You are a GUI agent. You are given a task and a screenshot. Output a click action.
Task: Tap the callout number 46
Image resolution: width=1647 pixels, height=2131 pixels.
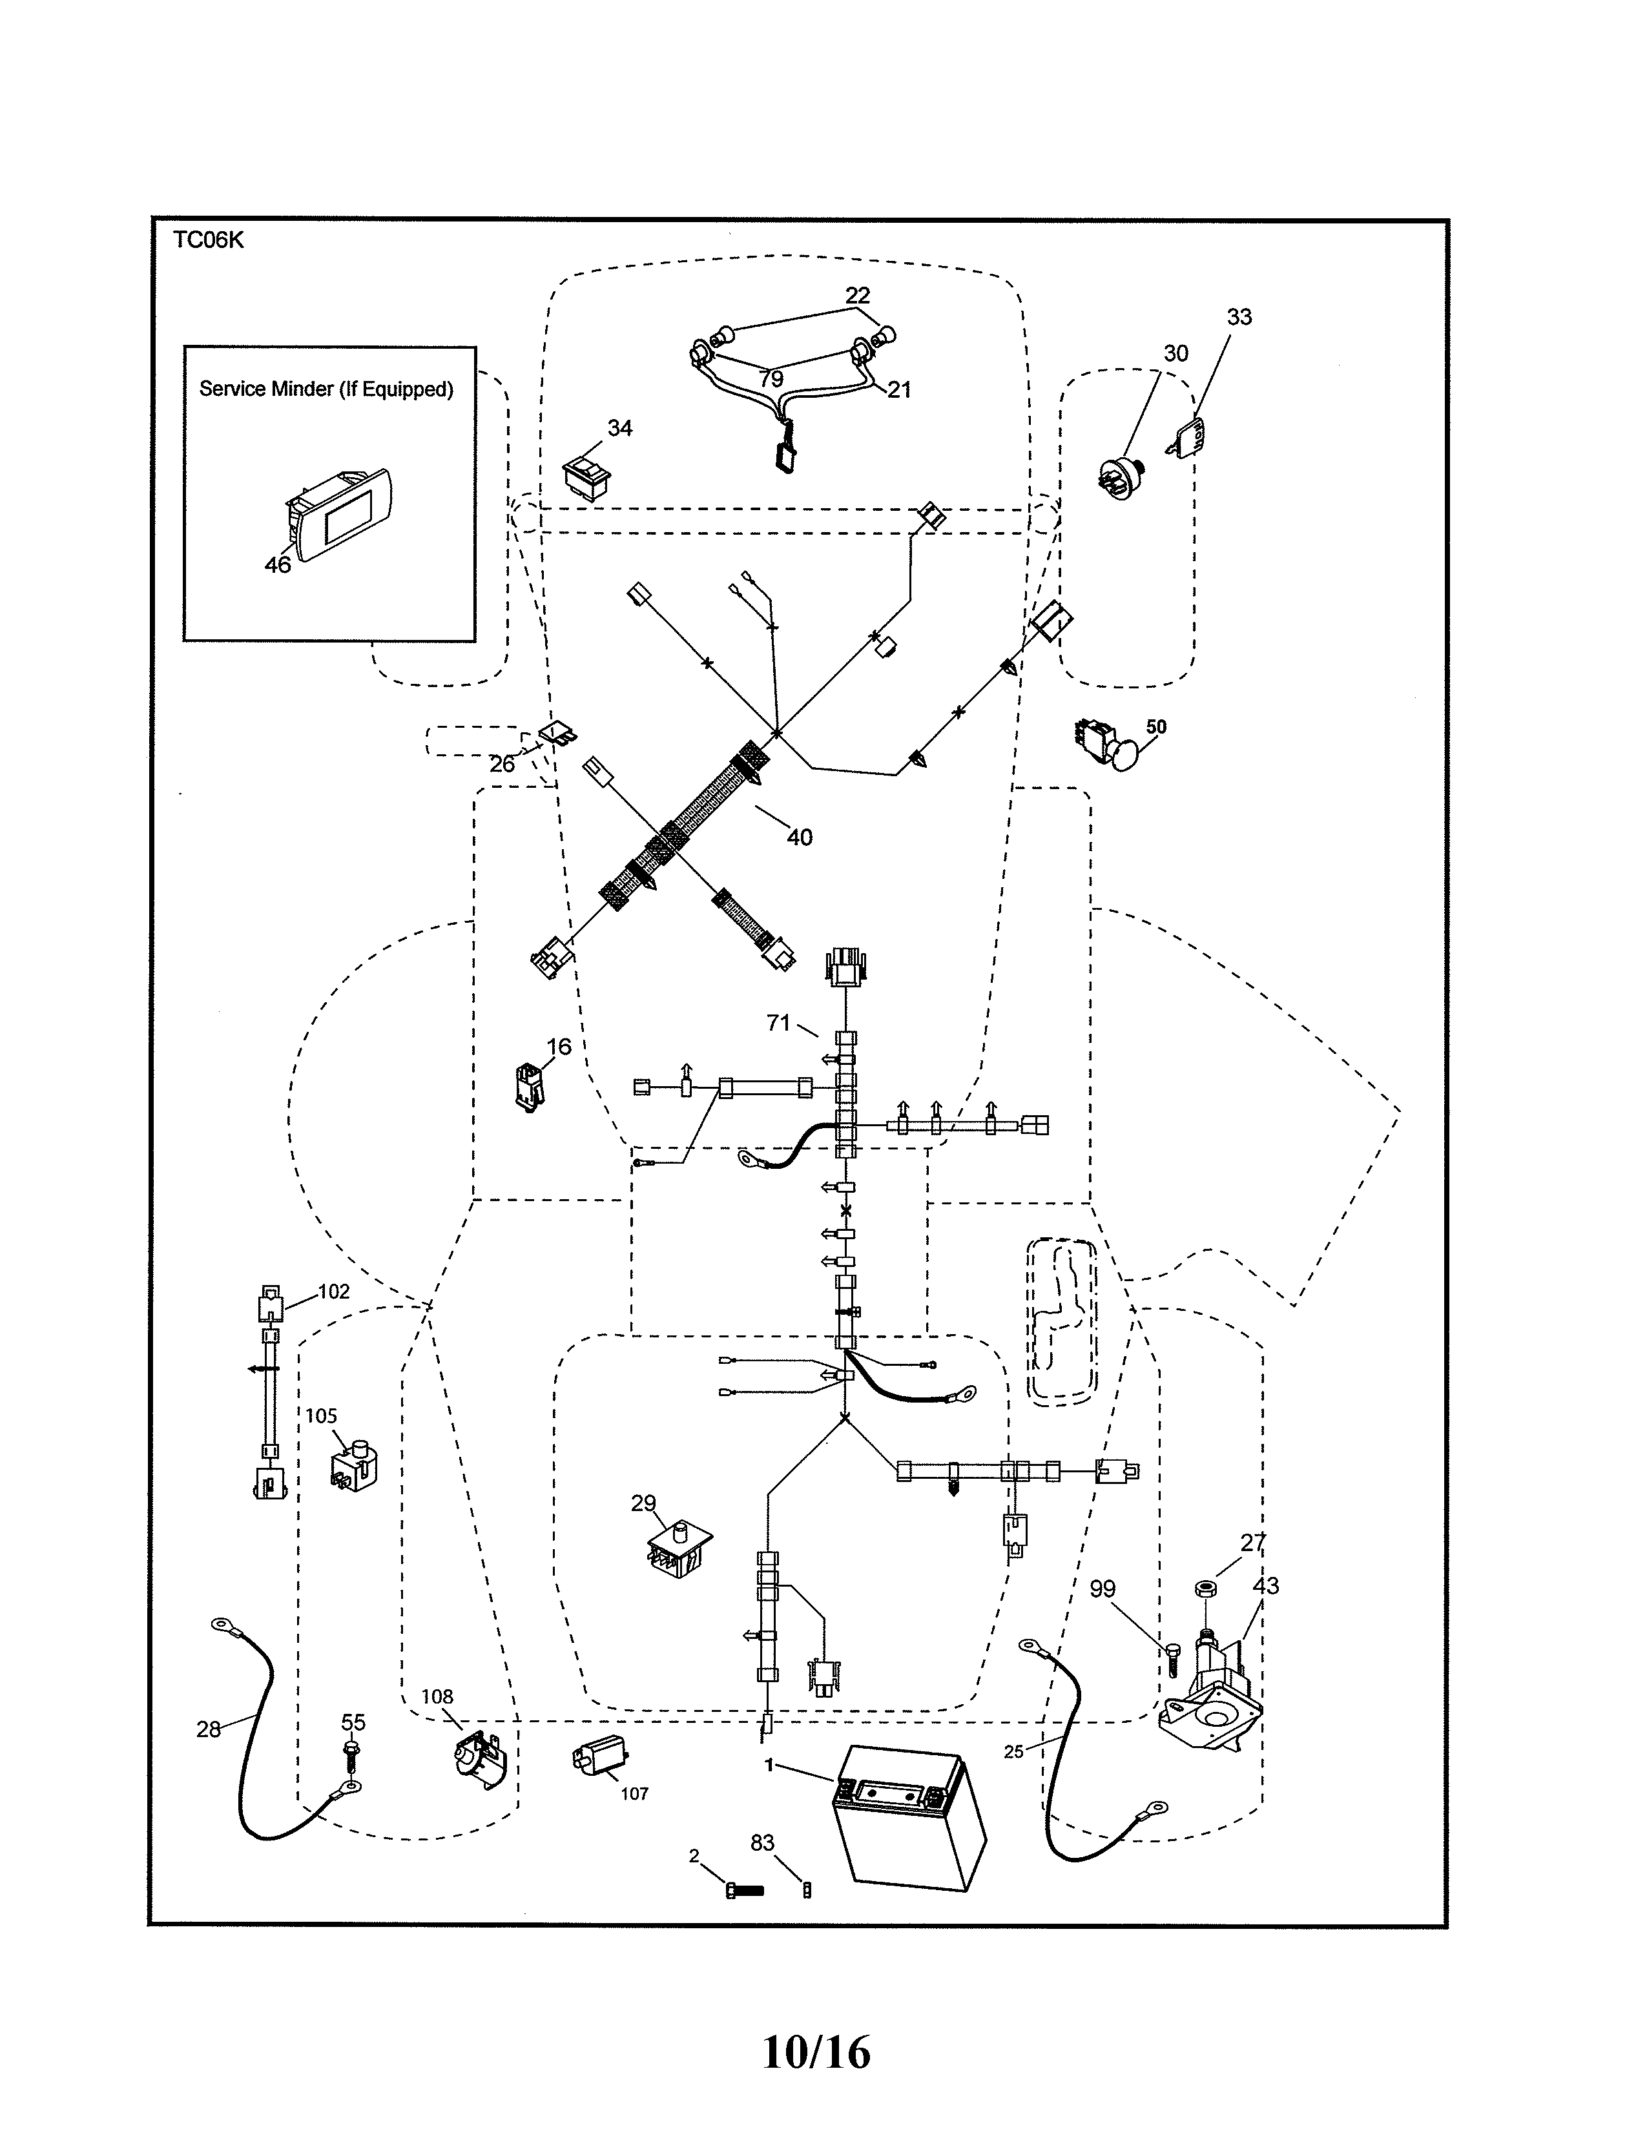[278, 565]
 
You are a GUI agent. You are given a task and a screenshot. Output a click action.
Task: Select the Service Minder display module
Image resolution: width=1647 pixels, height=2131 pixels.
[338, 513]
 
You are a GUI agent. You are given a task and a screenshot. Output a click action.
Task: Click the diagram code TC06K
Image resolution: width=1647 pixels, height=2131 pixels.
[208, 241]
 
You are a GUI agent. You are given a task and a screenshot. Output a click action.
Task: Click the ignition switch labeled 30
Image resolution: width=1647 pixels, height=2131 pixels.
[1118, 476]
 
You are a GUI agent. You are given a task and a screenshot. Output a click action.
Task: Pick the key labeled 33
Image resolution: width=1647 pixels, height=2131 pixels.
[1185, 436]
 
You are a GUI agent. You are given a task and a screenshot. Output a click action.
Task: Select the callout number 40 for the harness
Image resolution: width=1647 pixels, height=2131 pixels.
[799, 837]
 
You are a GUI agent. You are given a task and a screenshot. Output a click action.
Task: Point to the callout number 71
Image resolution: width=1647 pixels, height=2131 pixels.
[778, 1023]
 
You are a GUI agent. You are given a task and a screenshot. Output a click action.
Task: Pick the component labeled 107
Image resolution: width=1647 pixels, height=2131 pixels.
[597, 1759]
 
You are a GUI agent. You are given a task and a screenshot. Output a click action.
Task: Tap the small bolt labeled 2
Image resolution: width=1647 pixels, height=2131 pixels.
[745, 1890]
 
